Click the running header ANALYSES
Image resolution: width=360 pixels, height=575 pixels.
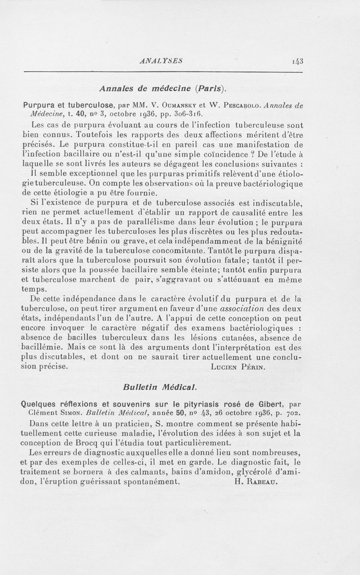[161, 62]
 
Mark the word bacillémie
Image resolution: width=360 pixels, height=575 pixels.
[45, 348]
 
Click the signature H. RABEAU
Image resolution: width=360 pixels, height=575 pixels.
[257, 480]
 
